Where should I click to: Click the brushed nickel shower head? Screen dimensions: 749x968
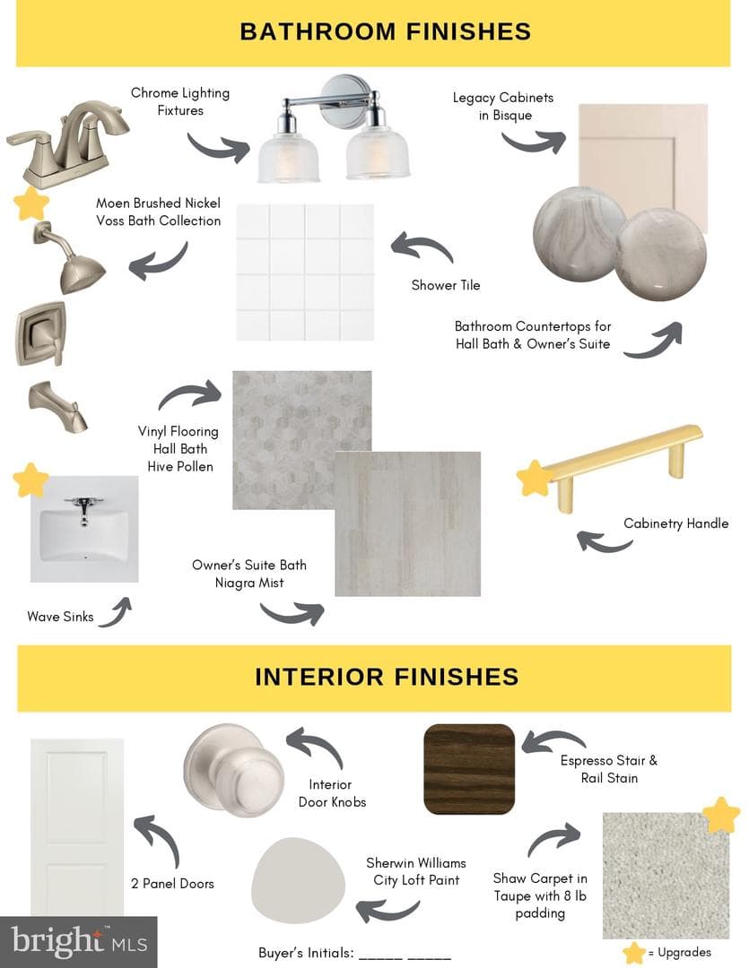coord(71,259)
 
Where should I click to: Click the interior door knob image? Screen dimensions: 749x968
coord(234,770)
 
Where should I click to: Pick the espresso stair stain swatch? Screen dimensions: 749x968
coord(469,769)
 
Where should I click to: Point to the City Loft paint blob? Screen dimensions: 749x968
coord(298,881)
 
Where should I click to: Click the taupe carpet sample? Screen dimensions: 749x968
coord(666,876)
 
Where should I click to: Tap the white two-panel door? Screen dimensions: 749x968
coord(76,827)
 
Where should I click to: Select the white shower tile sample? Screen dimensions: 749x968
coord(305,272)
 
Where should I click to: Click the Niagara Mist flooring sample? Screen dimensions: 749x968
coord(408,523)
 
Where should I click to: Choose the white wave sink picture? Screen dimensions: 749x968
coord(84,529)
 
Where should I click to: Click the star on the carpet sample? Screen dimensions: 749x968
coord(721,815)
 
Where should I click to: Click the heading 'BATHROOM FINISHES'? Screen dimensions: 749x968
coord(386,31)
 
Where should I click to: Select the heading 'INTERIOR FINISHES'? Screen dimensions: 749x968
coord(387,677)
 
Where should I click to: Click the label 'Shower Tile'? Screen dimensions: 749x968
coord(446,285)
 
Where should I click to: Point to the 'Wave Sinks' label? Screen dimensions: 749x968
coord(61,617)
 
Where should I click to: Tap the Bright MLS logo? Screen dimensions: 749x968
coord(79,941)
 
